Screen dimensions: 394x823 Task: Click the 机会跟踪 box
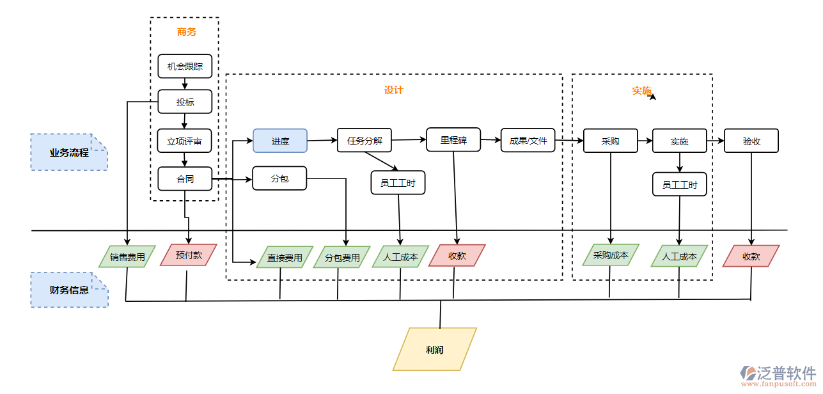(x=185, y=66)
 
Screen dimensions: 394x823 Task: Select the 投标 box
(x=185, y=102)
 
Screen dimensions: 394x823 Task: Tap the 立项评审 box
(x=185, y=141)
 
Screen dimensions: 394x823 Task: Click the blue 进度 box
(x=280, y=141)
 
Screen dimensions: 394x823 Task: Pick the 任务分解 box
(x=364, y=140)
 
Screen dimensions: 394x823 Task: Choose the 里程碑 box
(x=453, y=139)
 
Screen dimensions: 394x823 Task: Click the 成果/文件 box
(x=528, y=140)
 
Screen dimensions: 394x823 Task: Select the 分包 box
(x=280, y=178)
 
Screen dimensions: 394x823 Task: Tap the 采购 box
(x=610, y=141)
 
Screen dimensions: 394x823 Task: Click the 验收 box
(x=751, y=141)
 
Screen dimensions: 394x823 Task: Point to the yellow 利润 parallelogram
(x=435, y=349)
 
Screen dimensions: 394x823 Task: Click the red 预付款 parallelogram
(x=189, y=255)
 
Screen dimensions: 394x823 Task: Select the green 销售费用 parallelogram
(x=127, y=256)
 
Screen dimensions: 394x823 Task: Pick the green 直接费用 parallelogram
(x=285, y=257)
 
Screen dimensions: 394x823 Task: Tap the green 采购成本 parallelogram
(x=611, y=255)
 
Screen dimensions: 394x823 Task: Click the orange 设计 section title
(x=393, y=90)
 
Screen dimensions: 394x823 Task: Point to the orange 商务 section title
(x=187, y=31)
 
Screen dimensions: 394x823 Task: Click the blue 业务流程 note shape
(x=69, y=152)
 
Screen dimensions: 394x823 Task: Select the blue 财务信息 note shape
(x=69, y=290)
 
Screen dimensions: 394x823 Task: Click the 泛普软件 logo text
(x=787, y=373)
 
